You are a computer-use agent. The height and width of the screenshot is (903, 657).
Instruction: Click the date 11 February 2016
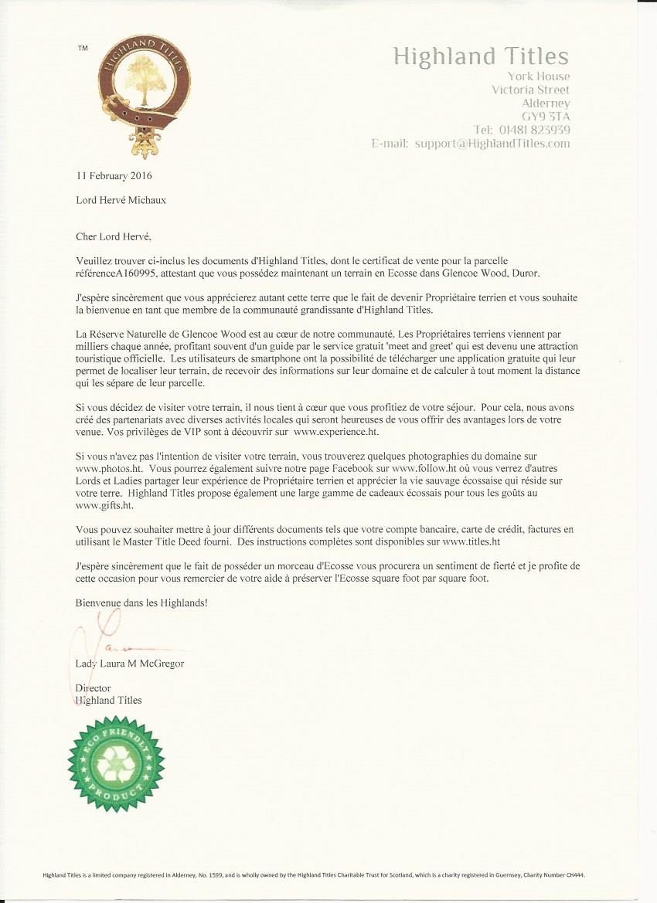114,175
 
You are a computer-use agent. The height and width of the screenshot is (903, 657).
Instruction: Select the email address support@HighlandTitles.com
492,144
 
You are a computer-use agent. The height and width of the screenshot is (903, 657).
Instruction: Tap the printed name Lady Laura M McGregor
130,664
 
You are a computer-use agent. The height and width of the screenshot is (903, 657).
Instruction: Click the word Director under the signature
94,688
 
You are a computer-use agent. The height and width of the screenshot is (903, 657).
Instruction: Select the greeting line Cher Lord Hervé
120,236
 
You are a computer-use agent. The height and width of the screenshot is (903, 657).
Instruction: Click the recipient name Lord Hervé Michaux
121,200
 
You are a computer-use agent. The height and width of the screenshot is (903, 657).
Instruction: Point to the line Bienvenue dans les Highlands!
141,602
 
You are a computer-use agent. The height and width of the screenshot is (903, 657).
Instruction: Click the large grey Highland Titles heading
481,56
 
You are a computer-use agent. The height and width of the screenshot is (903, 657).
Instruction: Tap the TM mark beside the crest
83,49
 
